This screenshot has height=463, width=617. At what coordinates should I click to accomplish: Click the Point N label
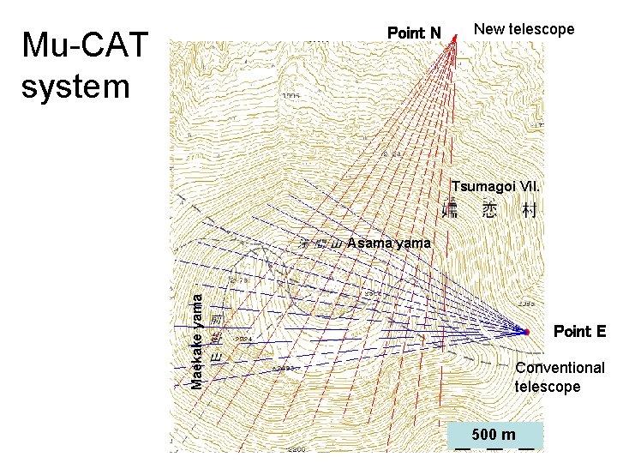pos(414,33)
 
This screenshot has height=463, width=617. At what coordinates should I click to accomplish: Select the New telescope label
pos(524,29)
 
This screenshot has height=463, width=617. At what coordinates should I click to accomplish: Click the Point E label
pos(579,331)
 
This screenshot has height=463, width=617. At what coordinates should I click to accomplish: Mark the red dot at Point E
pos(527,331)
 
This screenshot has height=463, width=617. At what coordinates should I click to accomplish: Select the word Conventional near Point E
pos(560,368)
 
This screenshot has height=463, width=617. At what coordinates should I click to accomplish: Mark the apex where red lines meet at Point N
pos(455,36)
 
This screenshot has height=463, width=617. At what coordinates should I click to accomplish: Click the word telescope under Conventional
pos(547,387)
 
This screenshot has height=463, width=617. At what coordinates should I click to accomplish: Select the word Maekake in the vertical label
pos(197,359)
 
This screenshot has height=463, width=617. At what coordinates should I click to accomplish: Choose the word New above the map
pos(488,29)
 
